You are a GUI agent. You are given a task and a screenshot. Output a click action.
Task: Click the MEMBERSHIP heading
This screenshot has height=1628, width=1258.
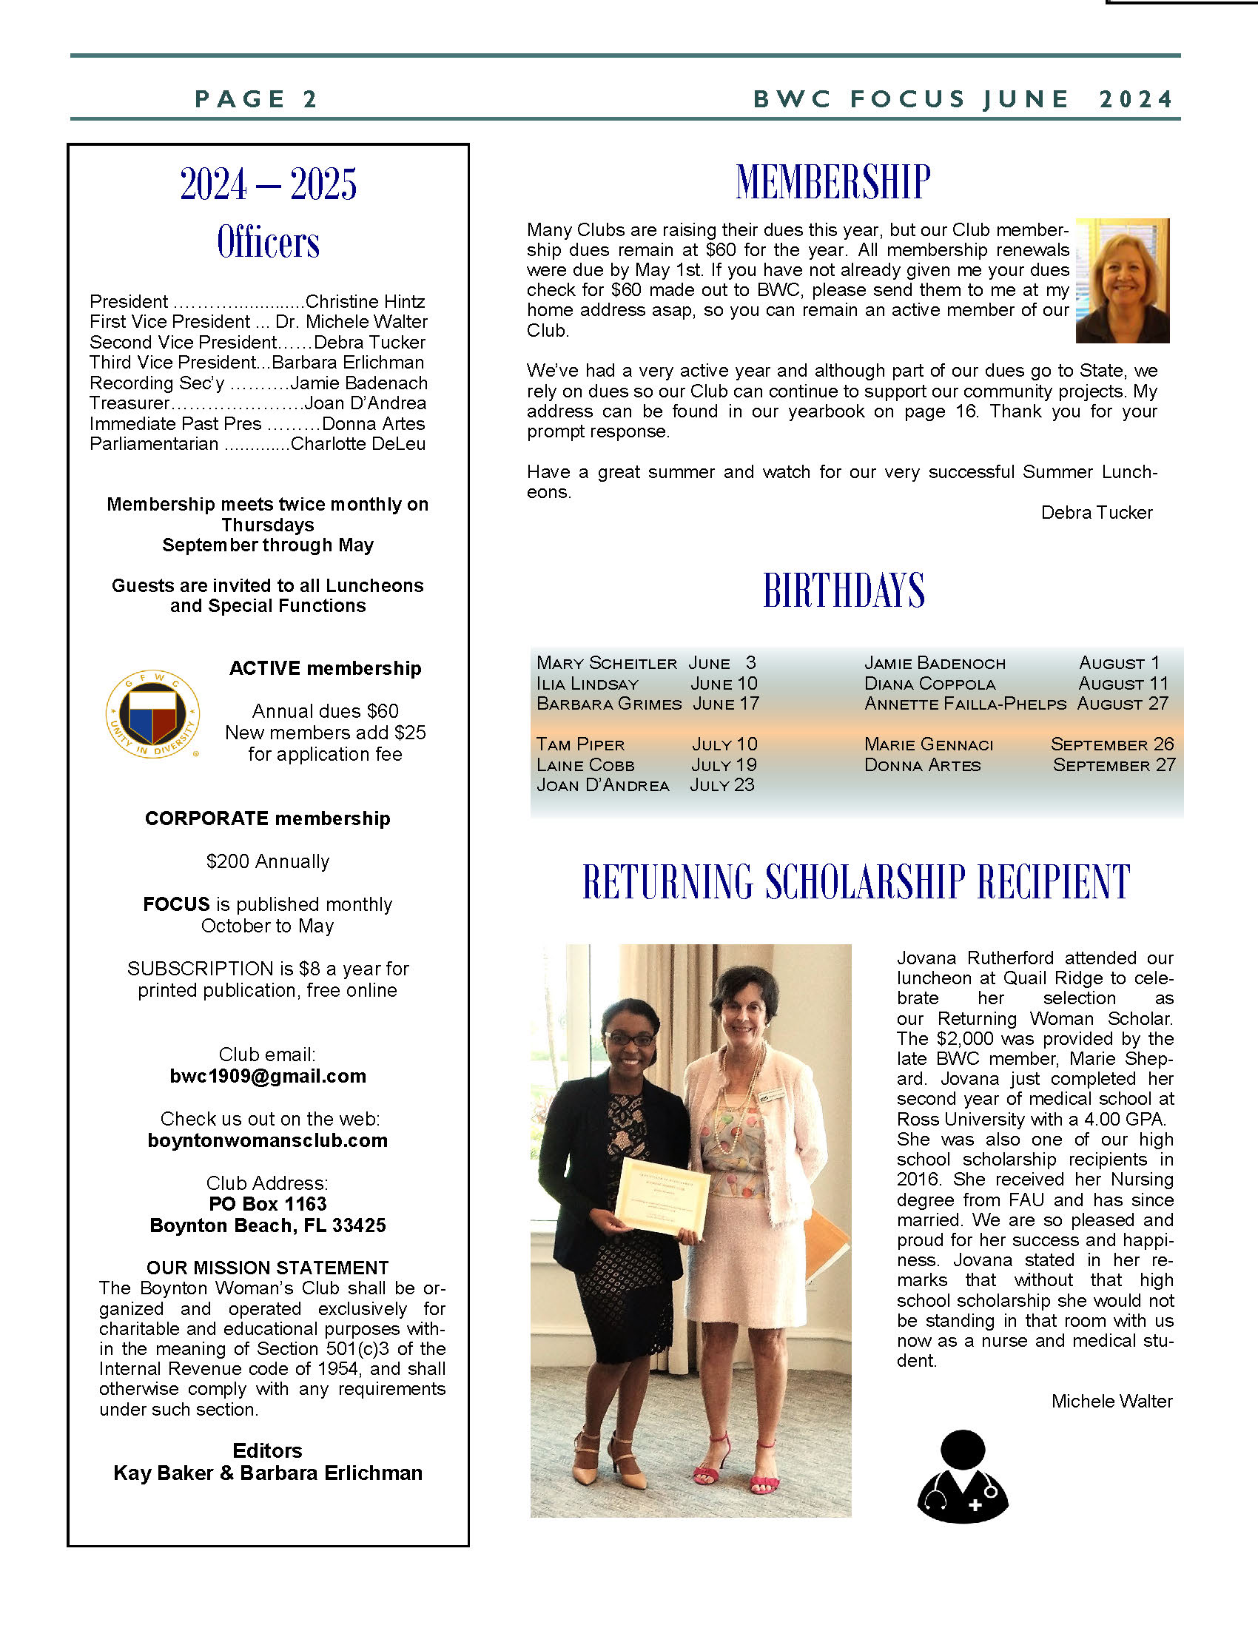[832, 182]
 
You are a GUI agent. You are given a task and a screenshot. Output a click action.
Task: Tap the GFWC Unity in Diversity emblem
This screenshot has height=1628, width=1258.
[152, 714]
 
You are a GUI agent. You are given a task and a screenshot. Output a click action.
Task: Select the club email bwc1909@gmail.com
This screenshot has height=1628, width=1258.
[268, 1076]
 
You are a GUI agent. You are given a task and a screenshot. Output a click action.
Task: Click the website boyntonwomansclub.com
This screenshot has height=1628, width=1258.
[268, 1140]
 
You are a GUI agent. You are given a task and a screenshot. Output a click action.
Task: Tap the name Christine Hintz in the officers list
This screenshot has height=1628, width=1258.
[365, 301]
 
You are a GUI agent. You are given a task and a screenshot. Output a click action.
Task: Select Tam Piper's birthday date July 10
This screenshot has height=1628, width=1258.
[724, 744]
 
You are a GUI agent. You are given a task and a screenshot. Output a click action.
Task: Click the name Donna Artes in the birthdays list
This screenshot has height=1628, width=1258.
[923, 765]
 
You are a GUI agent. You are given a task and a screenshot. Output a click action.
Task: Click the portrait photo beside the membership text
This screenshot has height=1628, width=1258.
[1123, 280]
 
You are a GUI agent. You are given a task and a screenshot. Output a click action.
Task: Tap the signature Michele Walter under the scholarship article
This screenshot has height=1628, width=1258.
[1111, 1402]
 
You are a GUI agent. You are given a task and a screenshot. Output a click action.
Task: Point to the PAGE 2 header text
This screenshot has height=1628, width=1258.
[256, 98]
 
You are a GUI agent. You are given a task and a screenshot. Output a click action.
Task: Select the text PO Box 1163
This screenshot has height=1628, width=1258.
[268, 1204]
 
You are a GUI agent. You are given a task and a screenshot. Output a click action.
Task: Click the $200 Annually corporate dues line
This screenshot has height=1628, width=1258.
[268, 861]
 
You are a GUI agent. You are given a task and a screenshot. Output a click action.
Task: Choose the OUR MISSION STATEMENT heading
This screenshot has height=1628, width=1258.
[268, 1268]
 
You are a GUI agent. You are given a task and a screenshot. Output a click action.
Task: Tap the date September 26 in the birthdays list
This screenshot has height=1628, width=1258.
[1112, 744]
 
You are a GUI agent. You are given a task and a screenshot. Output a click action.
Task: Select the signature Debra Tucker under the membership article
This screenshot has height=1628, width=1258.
[1096, 513]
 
